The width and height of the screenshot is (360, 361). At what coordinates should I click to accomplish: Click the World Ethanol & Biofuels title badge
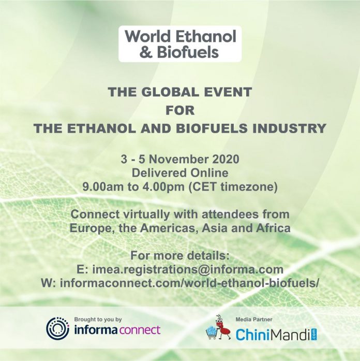tap(180, 44)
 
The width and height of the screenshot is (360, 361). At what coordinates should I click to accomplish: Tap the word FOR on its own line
tap(180, 110)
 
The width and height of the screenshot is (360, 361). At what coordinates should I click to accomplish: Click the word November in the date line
tap(178, 160)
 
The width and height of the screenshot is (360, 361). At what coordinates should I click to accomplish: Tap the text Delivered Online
tap(180, 173)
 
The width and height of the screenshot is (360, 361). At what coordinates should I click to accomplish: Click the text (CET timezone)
tap(233, 187)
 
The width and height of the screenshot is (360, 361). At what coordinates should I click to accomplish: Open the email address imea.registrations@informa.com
tap(188, 270)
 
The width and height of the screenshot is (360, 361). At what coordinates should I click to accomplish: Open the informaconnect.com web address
tap(190, 283)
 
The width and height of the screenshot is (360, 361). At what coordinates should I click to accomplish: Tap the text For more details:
tap(180, 256)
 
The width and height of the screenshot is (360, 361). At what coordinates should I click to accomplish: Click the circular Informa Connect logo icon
tap(57, 328)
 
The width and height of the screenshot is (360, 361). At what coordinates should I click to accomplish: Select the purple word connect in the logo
tap(140, 330)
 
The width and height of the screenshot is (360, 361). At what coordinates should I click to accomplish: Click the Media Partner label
tap(254, 320)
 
